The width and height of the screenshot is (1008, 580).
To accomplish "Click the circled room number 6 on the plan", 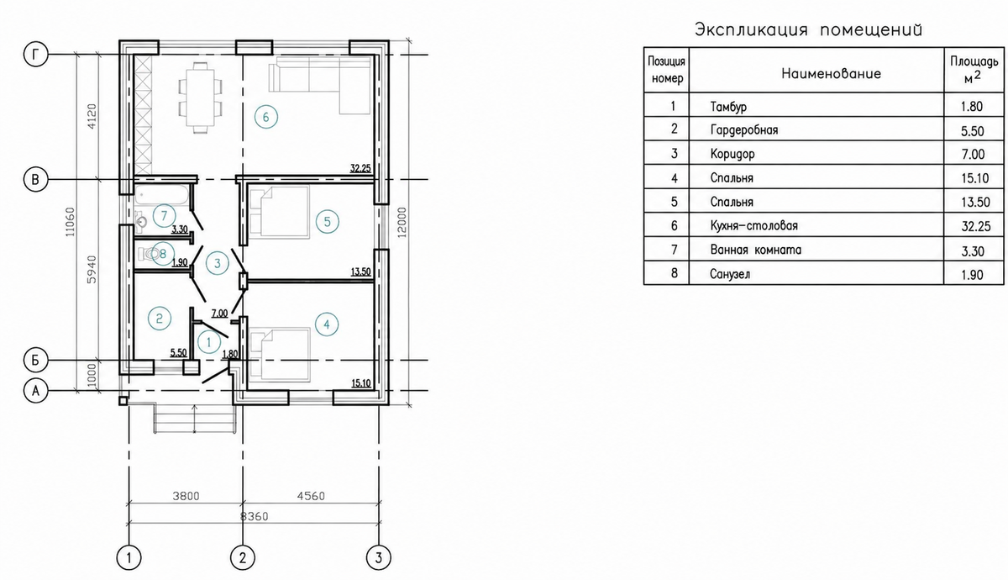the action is pos(266,117).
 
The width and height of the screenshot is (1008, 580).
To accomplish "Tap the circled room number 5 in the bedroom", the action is pos(327,222).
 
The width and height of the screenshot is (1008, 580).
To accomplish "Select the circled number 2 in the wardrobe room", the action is pos(160,319).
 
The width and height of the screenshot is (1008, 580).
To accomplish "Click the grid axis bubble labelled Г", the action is pos(35,55).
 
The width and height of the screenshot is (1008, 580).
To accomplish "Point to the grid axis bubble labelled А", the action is pos(35,391).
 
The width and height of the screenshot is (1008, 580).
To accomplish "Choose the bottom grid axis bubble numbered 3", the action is pos(379,558).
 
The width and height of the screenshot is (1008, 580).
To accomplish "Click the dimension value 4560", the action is pos(311,496).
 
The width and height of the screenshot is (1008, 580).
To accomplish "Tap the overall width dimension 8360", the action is pos(255,516).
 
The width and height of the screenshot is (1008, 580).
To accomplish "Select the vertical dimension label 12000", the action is pos(402,223).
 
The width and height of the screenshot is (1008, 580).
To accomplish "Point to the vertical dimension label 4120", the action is pos(92,117).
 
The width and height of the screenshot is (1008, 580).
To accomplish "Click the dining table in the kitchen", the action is pos(200,98).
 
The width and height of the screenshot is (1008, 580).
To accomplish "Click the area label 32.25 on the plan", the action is pos(360,168).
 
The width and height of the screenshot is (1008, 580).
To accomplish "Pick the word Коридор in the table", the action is pos(732,154).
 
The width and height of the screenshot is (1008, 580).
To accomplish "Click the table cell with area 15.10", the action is pos(974,178).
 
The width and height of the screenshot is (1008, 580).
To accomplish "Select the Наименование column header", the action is pos(831,73).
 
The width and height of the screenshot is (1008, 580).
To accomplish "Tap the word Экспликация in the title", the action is pos(751,29).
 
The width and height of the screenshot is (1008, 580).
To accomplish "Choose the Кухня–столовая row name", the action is pos(753,225).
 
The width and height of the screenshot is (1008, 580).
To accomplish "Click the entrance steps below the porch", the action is pos(195,419).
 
